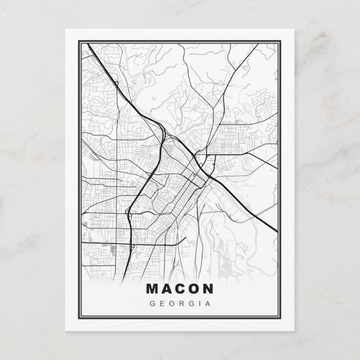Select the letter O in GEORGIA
pyautogui.click(x=172, y=304)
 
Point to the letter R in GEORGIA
pyautogui.click(x=181, y=304)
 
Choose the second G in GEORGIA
pyautogui.click(x=190, y=304)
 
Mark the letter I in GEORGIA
pyautogui.click(x=198, y=304)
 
